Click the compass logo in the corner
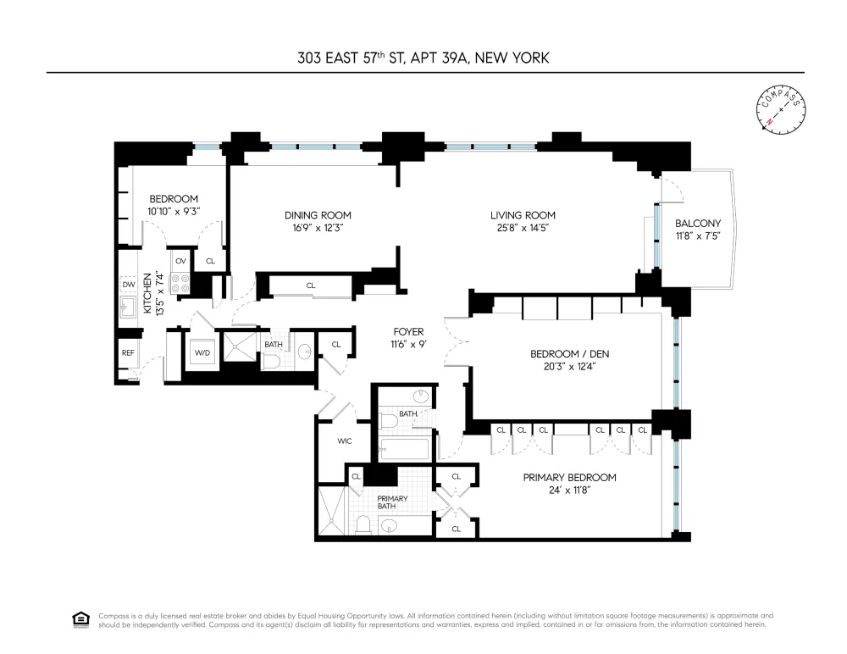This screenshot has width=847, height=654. coord(781,110)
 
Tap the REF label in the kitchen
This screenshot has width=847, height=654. coord(128,353)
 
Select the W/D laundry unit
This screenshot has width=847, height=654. coord(202,353)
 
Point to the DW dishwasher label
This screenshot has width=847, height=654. coord(129,285)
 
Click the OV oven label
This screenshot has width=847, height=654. coord(180,261)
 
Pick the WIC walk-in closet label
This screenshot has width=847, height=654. coord(345,441)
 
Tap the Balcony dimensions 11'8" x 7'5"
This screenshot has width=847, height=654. coord(698,236)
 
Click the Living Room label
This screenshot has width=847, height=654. coord(523,215)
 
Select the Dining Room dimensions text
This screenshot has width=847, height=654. coord(318,228)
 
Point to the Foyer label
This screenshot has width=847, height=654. coord(408,332)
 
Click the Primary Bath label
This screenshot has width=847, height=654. coord(392,502)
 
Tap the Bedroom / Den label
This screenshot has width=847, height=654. coord(570,354)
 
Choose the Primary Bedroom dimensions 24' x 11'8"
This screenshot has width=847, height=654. coord(570,490)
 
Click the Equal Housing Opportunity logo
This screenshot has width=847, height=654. coord(81,619)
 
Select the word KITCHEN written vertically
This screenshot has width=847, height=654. coord(147,293)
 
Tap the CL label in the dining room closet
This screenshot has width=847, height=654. coord(311,285)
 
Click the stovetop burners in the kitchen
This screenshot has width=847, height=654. coord(180,283)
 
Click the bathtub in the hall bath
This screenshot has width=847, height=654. coord(405,449)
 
